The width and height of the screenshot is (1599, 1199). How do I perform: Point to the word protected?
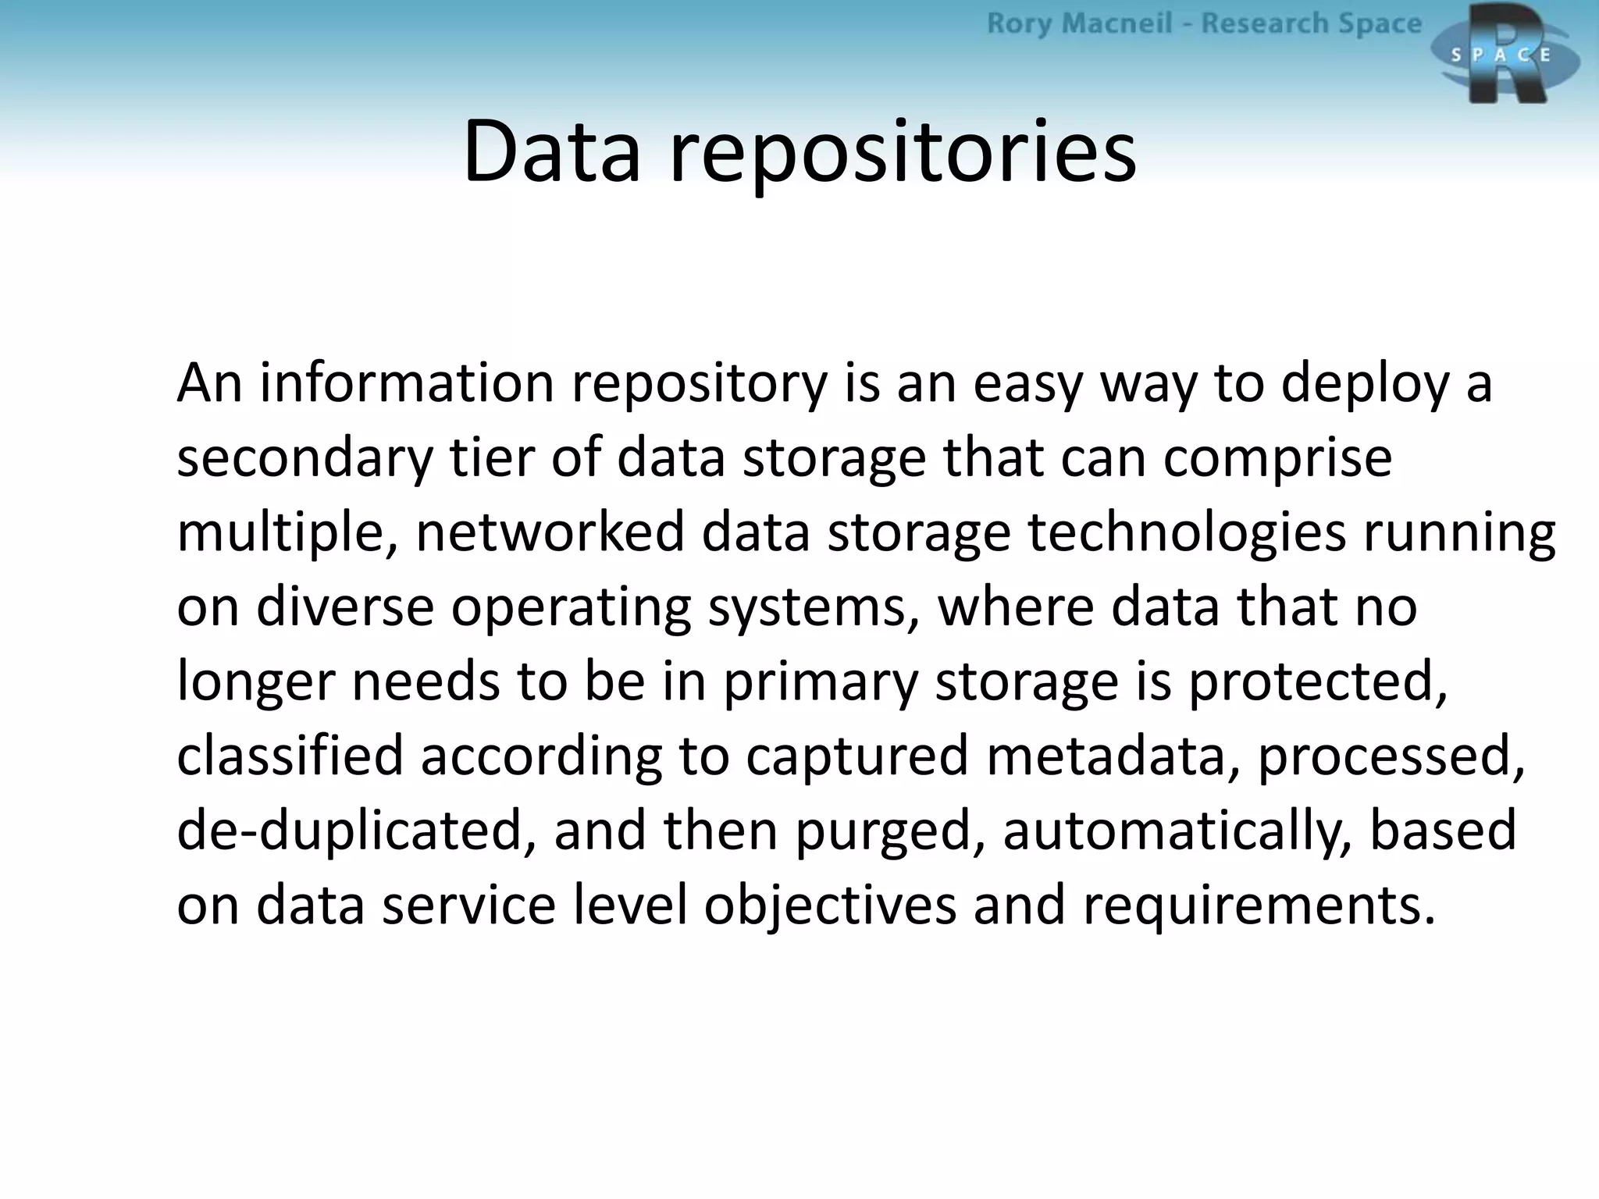click(x=1318, y=682)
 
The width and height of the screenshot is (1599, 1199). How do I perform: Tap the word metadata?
click(x=1112, y=756)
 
